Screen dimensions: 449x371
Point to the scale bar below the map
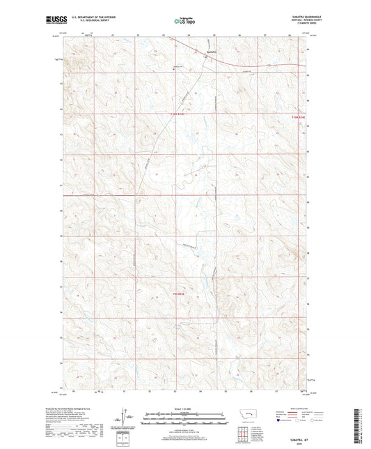tap(185, 419)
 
